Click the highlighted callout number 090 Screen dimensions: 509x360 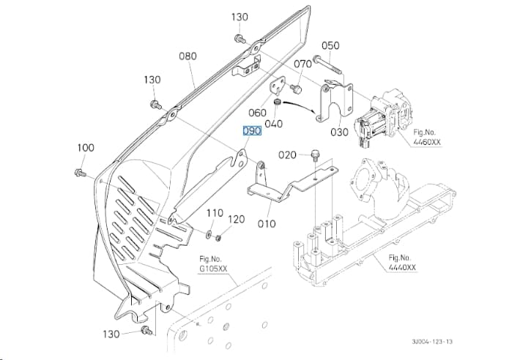252,131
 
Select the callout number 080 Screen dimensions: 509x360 187,56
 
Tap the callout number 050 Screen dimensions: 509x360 330,45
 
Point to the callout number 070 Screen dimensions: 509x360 302,64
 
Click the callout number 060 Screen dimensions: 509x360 257,113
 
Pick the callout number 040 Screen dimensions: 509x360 273,124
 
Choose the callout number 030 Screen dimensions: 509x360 339,132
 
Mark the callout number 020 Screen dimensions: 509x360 287,155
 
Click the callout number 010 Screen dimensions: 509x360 267,223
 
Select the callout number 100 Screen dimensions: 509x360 86,148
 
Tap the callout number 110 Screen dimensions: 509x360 215,213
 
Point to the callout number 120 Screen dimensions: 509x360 236,220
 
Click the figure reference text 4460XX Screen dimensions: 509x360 427,142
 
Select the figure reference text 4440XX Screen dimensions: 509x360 402,268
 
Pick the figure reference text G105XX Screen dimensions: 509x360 213,269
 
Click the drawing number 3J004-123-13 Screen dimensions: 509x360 432,342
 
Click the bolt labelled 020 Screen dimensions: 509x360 314,155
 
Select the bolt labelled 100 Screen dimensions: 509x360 80,173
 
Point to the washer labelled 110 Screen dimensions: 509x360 209,233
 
